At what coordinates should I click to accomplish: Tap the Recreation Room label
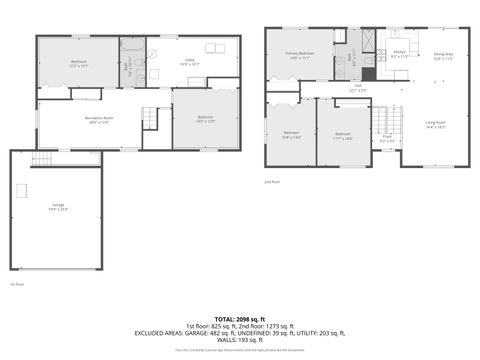click(98, 120)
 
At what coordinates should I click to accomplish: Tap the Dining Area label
click(444, 56)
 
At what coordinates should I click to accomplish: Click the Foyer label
click(387, 139)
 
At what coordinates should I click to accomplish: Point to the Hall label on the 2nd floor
click(357, 88)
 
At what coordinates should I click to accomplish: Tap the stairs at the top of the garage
click(42, 159)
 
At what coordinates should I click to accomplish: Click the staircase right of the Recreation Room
click(150, 117)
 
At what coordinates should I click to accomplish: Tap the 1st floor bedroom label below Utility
click(205, 119)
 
